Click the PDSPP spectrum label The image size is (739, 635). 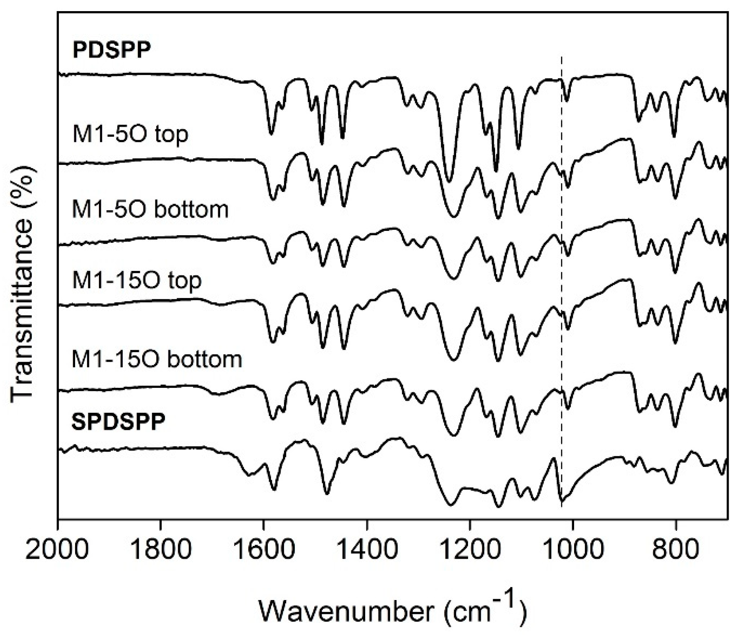click(112, 50)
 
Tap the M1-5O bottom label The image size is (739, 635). click(150, 209)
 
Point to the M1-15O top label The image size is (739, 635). click(137, 281)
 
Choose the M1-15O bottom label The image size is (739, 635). click(157, 359)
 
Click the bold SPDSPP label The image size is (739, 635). click(118, 422)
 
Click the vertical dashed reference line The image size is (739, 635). click(561, 278)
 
